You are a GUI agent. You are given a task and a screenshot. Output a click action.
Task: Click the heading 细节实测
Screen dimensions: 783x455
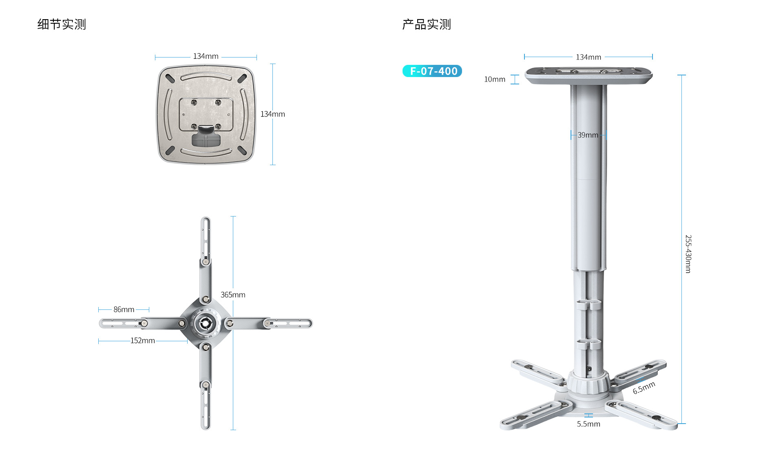point(62,24)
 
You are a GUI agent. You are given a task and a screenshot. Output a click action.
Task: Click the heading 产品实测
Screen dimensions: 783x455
point(427,24)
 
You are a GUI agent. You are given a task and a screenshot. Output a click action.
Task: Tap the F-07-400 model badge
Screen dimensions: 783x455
point(432,71)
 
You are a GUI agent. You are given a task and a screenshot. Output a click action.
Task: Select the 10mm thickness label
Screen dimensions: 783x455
point(495,79)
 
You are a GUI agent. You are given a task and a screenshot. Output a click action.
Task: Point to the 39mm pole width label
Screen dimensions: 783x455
point(588,135)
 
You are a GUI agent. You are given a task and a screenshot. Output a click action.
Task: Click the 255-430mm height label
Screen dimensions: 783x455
point(688,254)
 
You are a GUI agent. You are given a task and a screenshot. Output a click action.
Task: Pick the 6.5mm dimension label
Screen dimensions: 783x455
point(644,388)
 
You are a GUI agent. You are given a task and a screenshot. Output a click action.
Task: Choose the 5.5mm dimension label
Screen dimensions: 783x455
point(588,424)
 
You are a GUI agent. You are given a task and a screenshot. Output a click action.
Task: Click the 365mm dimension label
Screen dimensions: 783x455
point(233,295)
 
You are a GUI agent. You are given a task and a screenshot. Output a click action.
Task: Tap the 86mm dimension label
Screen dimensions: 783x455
point(124,309)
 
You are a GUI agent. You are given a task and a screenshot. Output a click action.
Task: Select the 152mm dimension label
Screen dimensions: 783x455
point(143,340)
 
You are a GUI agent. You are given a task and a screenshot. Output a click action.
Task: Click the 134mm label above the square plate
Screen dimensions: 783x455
point(206,56)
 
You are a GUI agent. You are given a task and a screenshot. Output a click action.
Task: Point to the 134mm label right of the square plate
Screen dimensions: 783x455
point(273,114)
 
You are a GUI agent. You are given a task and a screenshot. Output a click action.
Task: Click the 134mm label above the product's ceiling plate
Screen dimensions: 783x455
point(588,57)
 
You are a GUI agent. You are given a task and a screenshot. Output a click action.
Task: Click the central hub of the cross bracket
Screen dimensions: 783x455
point(206,323)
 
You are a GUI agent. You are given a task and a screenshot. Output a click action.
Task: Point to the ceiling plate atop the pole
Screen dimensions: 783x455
point(588,76)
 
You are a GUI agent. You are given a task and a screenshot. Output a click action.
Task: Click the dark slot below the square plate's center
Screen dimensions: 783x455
point(206,139)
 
